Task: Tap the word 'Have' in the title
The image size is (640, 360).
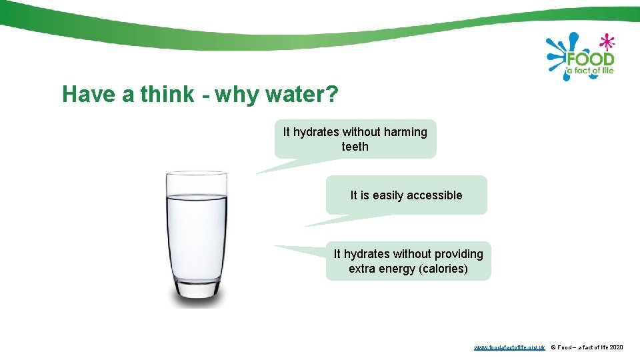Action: tap(89, 95)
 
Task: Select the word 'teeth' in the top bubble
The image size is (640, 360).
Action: tap(355, 147)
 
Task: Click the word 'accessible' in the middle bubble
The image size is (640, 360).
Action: tap(435, 195)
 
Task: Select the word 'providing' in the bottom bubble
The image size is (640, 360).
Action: tap(459, 254)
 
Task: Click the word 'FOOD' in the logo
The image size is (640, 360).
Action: tap(590, 59)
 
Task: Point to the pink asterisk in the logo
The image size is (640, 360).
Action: tap(606, 43)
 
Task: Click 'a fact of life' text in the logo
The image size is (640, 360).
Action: tap(590, 71)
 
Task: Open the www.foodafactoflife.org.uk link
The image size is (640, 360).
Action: tap(509, 347)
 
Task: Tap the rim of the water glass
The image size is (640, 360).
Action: tap(197, 173)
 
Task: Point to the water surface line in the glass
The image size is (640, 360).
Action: tap(197, 196)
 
